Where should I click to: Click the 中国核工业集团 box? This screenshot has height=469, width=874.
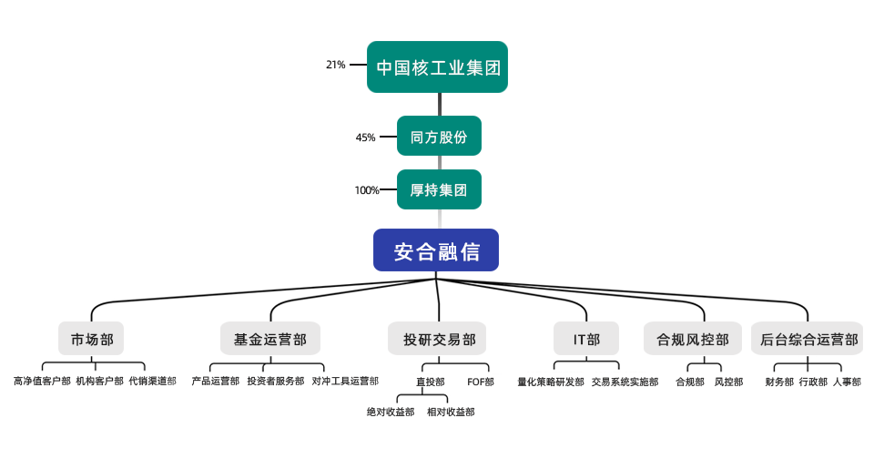437,66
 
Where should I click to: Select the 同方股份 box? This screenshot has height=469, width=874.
439,137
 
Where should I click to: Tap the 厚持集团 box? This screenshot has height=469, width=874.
439,189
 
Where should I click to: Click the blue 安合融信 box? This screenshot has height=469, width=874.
436,250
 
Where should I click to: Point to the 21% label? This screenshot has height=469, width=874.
335,65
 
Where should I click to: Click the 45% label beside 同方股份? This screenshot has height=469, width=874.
365,138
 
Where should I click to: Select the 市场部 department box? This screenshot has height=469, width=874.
91,339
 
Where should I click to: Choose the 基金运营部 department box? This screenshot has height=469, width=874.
270,339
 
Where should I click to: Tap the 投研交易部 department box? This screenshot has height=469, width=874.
438,339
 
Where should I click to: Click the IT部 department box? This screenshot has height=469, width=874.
586,339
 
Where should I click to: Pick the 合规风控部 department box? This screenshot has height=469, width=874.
692,339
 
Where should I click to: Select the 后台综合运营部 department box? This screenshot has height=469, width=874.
808,339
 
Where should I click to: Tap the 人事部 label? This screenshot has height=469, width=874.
846,382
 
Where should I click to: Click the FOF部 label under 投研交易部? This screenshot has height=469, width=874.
480,382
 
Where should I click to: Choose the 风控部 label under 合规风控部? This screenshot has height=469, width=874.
728,382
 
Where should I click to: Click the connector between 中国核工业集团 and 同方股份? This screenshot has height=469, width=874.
440,104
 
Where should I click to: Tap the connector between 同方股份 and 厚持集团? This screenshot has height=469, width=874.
440,162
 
